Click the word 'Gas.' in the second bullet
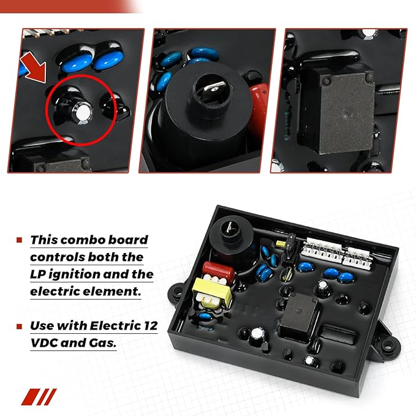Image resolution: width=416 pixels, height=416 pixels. tap(102, 343)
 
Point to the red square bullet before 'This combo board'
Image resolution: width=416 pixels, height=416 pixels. tap(20, 240)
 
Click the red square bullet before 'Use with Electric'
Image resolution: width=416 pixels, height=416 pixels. tap(20, 326)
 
